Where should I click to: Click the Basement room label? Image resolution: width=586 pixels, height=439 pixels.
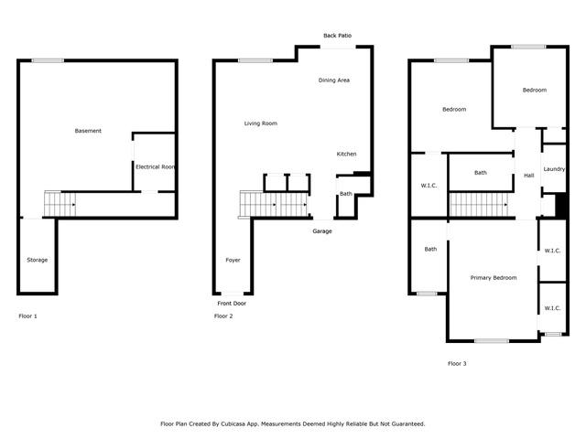pyautogui.click(x=88, y=131)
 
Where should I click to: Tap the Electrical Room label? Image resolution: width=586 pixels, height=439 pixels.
pyautogui.click(x=155, y=166)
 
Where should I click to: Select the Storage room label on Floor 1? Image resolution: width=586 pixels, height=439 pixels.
pyautogui.click(x=37, y=260)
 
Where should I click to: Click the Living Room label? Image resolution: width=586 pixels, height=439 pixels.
pyautogui.click(x=260, y=123)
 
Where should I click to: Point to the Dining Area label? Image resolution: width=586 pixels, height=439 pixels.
pyautogui.click(x=333, y=80)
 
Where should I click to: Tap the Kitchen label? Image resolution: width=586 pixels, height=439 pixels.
pyautogui.click(x=346, y=154)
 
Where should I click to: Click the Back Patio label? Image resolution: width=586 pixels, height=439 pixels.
pyautogui.click(x=337, y=36)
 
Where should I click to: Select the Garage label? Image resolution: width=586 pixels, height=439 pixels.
pyautogui.click(x=322, y=231)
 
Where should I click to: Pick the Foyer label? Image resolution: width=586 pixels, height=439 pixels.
pyautogui.click(x=233, y=260)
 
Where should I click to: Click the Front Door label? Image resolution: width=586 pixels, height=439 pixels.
pyautogui.click(x=232, y=303)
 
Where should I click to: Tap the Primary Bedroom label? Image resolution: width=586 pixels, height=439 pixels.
pyautogui.click(x=494, y=278)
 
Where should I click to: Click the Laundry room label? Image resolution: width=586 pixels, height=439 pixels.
pyautogui.click(x=554, y=169)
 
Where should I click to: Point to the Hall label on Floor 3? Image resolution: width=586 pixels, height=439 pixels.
pyautogui.click(x=529, y=176)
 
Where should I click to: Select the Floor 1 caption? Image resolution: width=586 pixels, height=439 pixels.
pyautogui.click(x=27, y=316)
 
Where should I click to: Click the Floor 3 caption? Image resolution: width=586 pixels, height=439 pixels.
pyautogui.click(x=457, y=363)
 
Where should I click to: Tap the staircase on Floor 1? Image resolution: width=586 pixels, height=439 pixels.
pyautogui.click(x=60, y=204)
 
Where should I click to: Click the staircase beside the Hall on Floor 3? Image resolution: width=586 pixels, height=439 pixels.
pyautogui.click(x=478, y=205)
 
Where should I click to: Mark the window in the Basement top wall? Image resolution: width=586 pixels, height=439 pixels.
pyautogui.click(x=48, y=60)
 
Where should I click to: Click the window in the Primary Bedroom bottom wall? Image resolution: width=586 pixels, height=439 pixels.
pyautogui.click(x=492, y=340)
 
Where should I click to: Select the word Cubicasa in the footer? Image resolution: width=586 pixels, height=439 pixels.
pyautogui.click(x=233, y=423)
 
